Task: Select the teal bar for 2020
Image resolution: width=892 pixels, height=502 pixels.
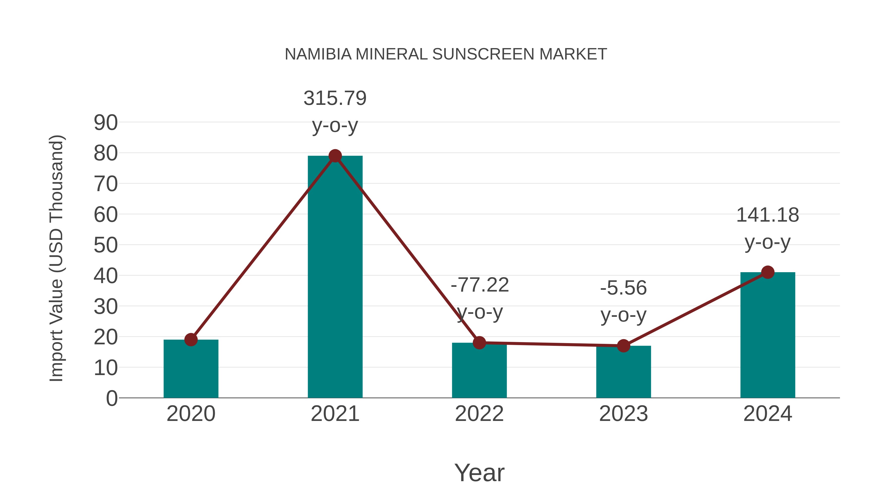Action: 191,369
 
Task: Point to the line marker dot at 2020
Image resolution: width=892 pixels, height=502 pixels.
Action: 191,340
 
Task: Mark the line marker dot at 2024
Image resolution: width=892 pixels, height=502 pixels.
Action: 768,272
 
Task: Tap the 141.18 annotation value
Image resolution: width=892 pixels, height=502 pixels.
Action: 767,215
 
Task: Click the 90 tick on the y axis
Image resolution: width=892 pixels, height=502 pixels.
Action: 106,123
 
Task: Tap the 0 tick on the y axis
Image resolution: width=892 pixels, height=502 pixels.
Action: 112,398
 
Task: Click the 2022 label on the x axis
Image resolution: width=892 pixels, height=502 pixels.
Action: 479,414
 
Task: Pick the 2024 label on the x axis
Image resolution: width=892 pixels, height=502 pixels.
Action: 768,414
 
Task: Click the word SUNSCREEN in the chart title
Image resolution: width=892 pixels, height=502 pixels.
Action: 483,54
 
